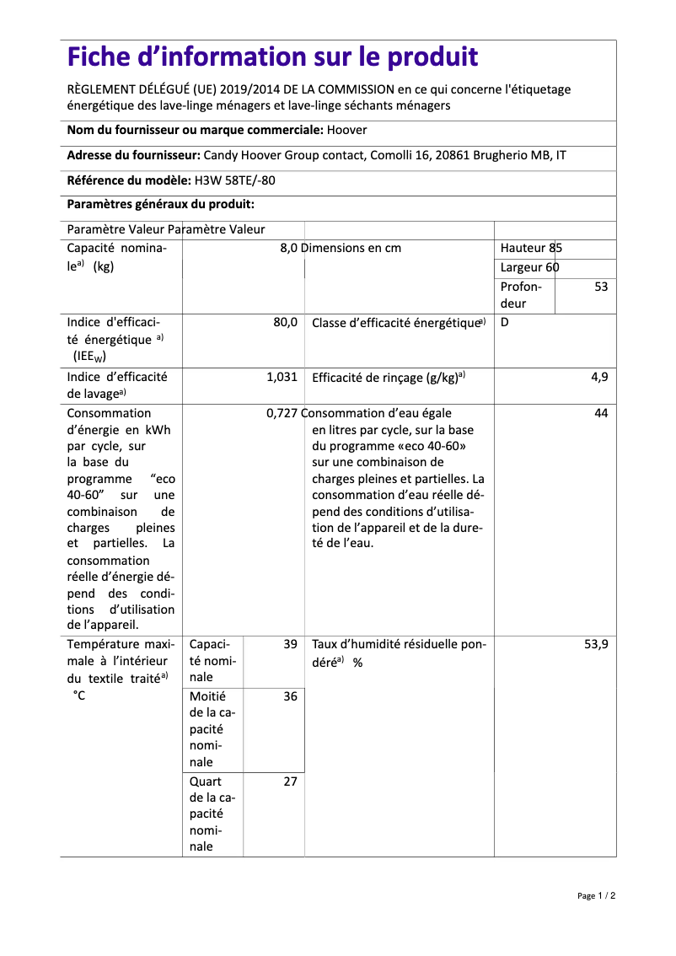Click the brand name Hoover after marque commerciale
pos(346,130)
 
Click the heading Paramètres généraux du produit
pos(160,204)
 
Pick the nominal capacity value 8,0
pos(288,248)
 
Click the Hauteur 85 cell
pos(531,248)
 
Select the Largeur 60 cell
pos(529,268)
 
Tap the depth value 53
pos(600,287)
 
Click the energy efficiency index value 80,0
pos(285,322)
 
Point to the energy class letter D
pos(505,322)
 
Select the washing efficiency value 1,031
pos(282,377)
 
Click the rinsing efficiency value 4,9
pos(598,377)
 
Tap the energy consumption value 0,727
pos(282,413)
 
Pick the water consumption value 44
pos(600,413)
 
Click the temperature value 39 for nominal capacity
pos(290,644)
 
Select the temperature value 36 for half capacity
pos(290,696)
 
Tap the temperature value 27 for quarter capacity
pos(290,781)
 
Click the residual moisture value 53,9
pos(596,644)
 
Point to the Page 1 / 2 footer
pos(596,895)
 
